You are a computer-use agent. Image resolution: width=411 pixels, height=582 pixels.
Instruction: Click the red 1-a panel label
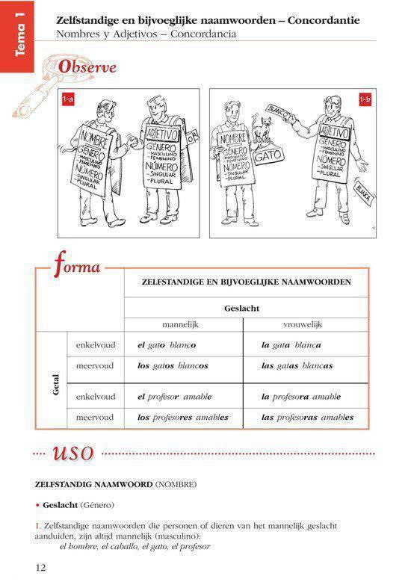point(67,99)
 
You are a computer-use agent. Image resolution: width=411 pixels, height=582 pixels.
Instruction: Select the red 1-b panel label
point(365,99)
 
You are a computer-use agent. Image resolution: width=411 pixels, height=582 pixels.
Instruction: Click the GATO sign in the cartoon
point(267,158)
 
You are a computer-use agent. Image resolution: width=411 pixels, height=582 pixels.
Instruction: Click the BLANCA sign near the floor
point(365,192)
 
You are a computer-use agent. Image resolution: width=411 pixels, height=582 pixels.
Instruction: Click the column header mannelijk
point(183,325)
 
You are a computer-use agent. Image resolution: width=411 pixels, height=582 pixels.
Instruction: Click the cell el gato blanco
point(166,345)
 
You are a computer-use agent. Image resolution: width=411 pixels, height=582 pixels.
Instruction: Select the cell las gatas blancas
point(297,366)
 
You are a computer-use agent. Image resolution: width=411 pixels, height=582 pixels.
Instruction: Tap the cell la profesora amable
point(300,396)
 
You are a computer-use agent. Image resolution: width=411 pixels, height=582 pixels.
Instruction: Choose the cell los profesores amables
point(183,417)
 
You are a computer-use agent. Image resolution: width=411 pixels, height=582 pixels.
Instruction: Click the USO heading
point(72,453)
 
